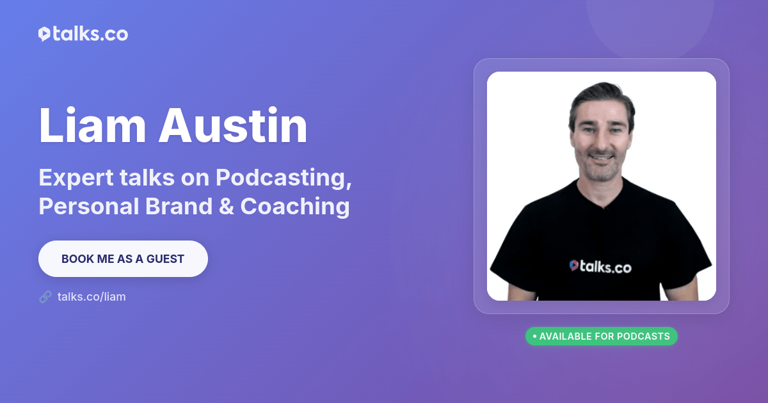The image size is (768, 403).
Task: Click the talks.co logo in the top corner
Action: tap(83, 35)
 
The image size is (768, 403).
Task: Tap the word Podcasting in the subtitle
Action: tap(284, 178)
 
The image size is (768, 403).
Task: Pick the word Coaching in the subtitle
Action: tap(295, 207)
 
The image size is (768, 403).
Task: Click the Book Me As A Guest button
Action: tap(123, 259)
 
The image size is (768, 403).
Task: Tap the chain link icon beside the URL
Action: tap(45, 297)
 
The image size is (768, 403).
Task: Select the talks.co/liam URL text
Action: tap(92, 297)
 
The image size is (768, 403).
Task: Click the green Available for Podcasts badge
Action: tap(601, 336)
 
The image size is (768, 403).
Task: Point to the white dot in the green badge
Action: tap(534, 336)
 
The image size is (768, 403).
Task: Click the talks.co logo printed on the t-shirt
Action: tap(600, 267)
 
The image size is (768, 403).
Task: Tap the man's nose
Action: tap(600, 141)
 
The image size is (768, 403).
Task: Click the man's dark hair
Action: tap(602, 96)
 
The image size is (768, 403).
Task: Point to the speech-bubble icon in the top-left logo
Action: tap(44, 35)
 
